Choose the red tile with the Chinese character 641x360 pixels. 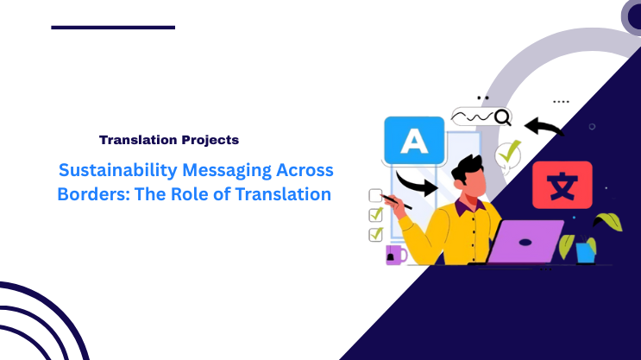coord(562,185)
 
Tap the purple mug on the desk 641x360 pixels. coord(396,255)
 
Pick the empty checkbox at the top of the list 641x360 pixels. coord(375,195)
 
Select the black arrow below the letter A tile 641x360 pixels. coord(417,183)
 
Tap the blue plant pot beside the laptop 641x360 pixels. coord(586,251)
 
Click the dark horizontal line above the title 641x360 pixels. coord(113,28)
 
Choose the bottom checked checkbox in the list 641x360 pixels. coord(375,234)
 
